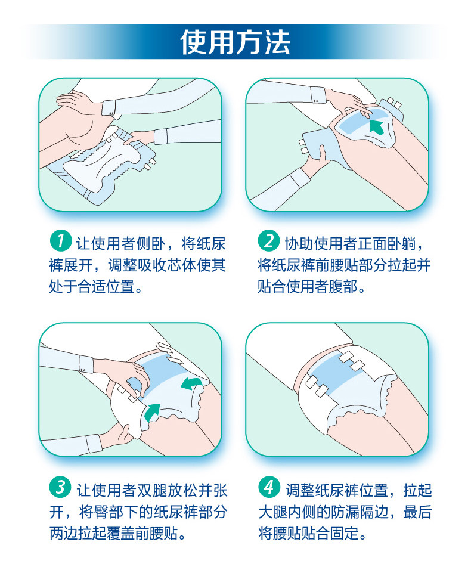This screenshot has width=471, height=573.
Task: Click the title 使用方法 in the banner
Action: click(235, 42)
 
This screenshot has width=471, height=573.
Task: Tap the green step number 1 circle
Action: click(61, 241)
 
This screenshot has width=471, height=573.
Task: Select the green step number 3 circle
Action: click(61, 487)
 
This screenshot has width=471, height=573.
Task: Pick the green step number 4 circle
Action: click(269, 487)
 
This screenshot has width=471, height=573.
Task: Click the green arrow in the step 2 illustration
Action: click(377, 126)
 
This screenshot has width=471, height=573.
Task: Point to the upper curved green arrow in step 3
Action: click(191, 384)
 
